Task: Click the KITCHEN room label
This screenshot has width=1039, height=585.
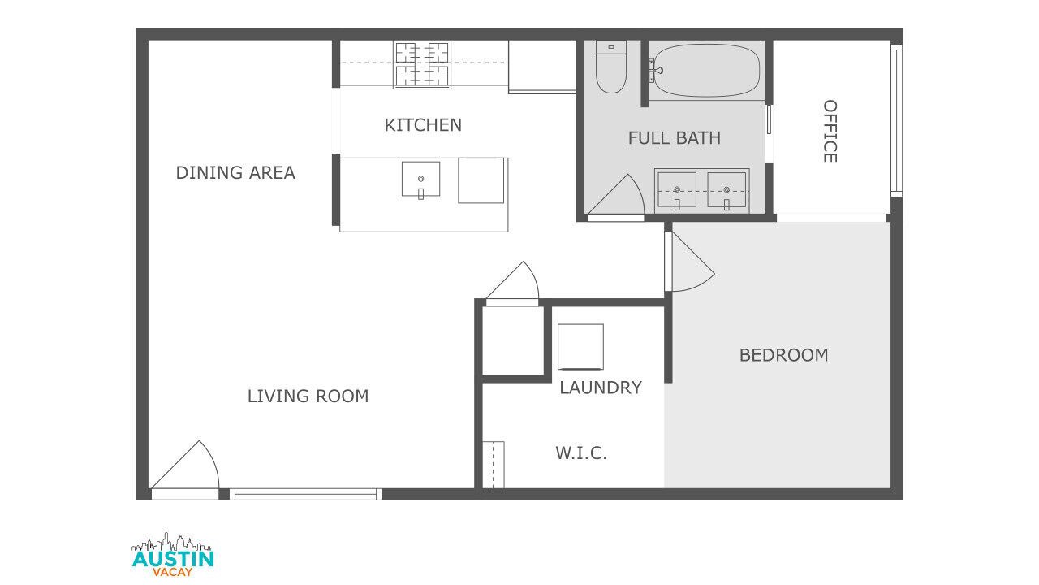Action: (x=423, y=125)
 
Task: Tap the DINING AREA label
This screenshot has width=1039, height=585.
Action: (x=235, y=173)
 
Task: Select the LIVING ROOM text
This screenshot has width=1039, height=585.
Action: (x=308, y=396)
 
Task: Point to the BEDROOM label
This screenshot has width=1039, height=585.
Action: (x=783, y=355)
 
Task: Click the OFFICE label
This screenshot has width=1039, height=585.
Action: (x=830, y=131)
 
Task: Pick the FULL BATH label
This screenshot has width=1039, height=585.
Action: (x=675, y=138)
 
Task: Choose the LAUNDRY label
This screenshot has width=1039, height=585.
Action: (x=601, y=388)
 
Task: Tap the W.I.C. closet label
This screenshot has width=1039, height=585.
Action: (x=581, y=453)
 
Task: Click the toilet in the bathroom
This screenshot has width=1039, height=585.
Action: (x=611, y=67)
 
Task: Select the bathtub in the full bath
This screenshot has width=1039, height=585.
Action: (x=706, y=71)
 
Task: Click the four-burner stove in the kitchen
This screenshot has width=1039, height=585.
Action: (x=422, y=64)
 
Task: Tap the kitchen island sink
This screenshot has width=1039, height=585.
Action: (x=420, y=180)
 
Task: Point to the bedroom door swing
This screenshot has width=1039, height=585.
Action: (x=690, y=262)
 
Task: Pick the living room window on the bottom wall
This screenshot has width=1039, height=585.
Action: (x=306, y=495)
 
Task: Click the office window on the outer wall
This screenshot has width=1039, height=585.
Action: (x=897, y=120)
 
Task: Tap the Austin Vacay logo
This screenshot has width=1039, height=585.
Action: (x=173, y=554)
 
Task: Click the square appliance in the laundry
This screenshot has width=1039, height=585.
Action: (x=580, y=347)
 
